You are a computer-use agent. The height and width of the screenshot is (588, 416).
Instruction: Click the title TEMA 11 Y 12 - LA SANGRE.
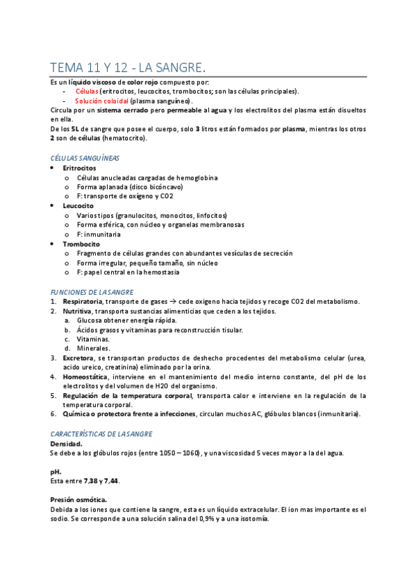click(128, 67)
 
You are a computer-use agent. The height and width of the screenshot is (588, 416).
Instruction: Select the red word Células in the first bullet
click(87, 91)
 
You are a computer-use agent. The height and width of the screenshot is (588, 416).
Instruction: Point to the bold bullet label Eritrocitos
click(79, 168)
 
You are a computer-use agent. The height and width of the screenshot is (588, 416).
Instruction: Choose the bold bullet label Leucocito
click(78, 206)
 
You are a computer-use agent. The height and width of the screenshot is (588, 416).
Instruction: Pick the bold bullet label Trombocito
click(81, 244)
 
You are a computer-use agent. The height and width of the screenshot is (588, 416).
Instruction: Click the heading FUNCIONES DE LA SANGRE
click(92, 292)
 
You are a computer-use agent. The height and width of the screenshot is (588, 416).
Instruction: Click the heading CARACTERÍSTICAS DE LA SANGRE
click(101, 433)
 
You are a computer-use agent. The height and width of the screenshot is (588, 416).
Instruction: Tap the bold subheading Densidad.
click(67, 443)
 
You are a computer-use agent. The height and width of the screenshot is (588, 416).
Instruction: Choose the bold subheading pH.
click(56, 471)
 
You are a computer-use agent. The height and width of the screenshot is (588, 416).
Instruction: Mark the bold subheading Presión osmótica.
click(78, 499)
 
